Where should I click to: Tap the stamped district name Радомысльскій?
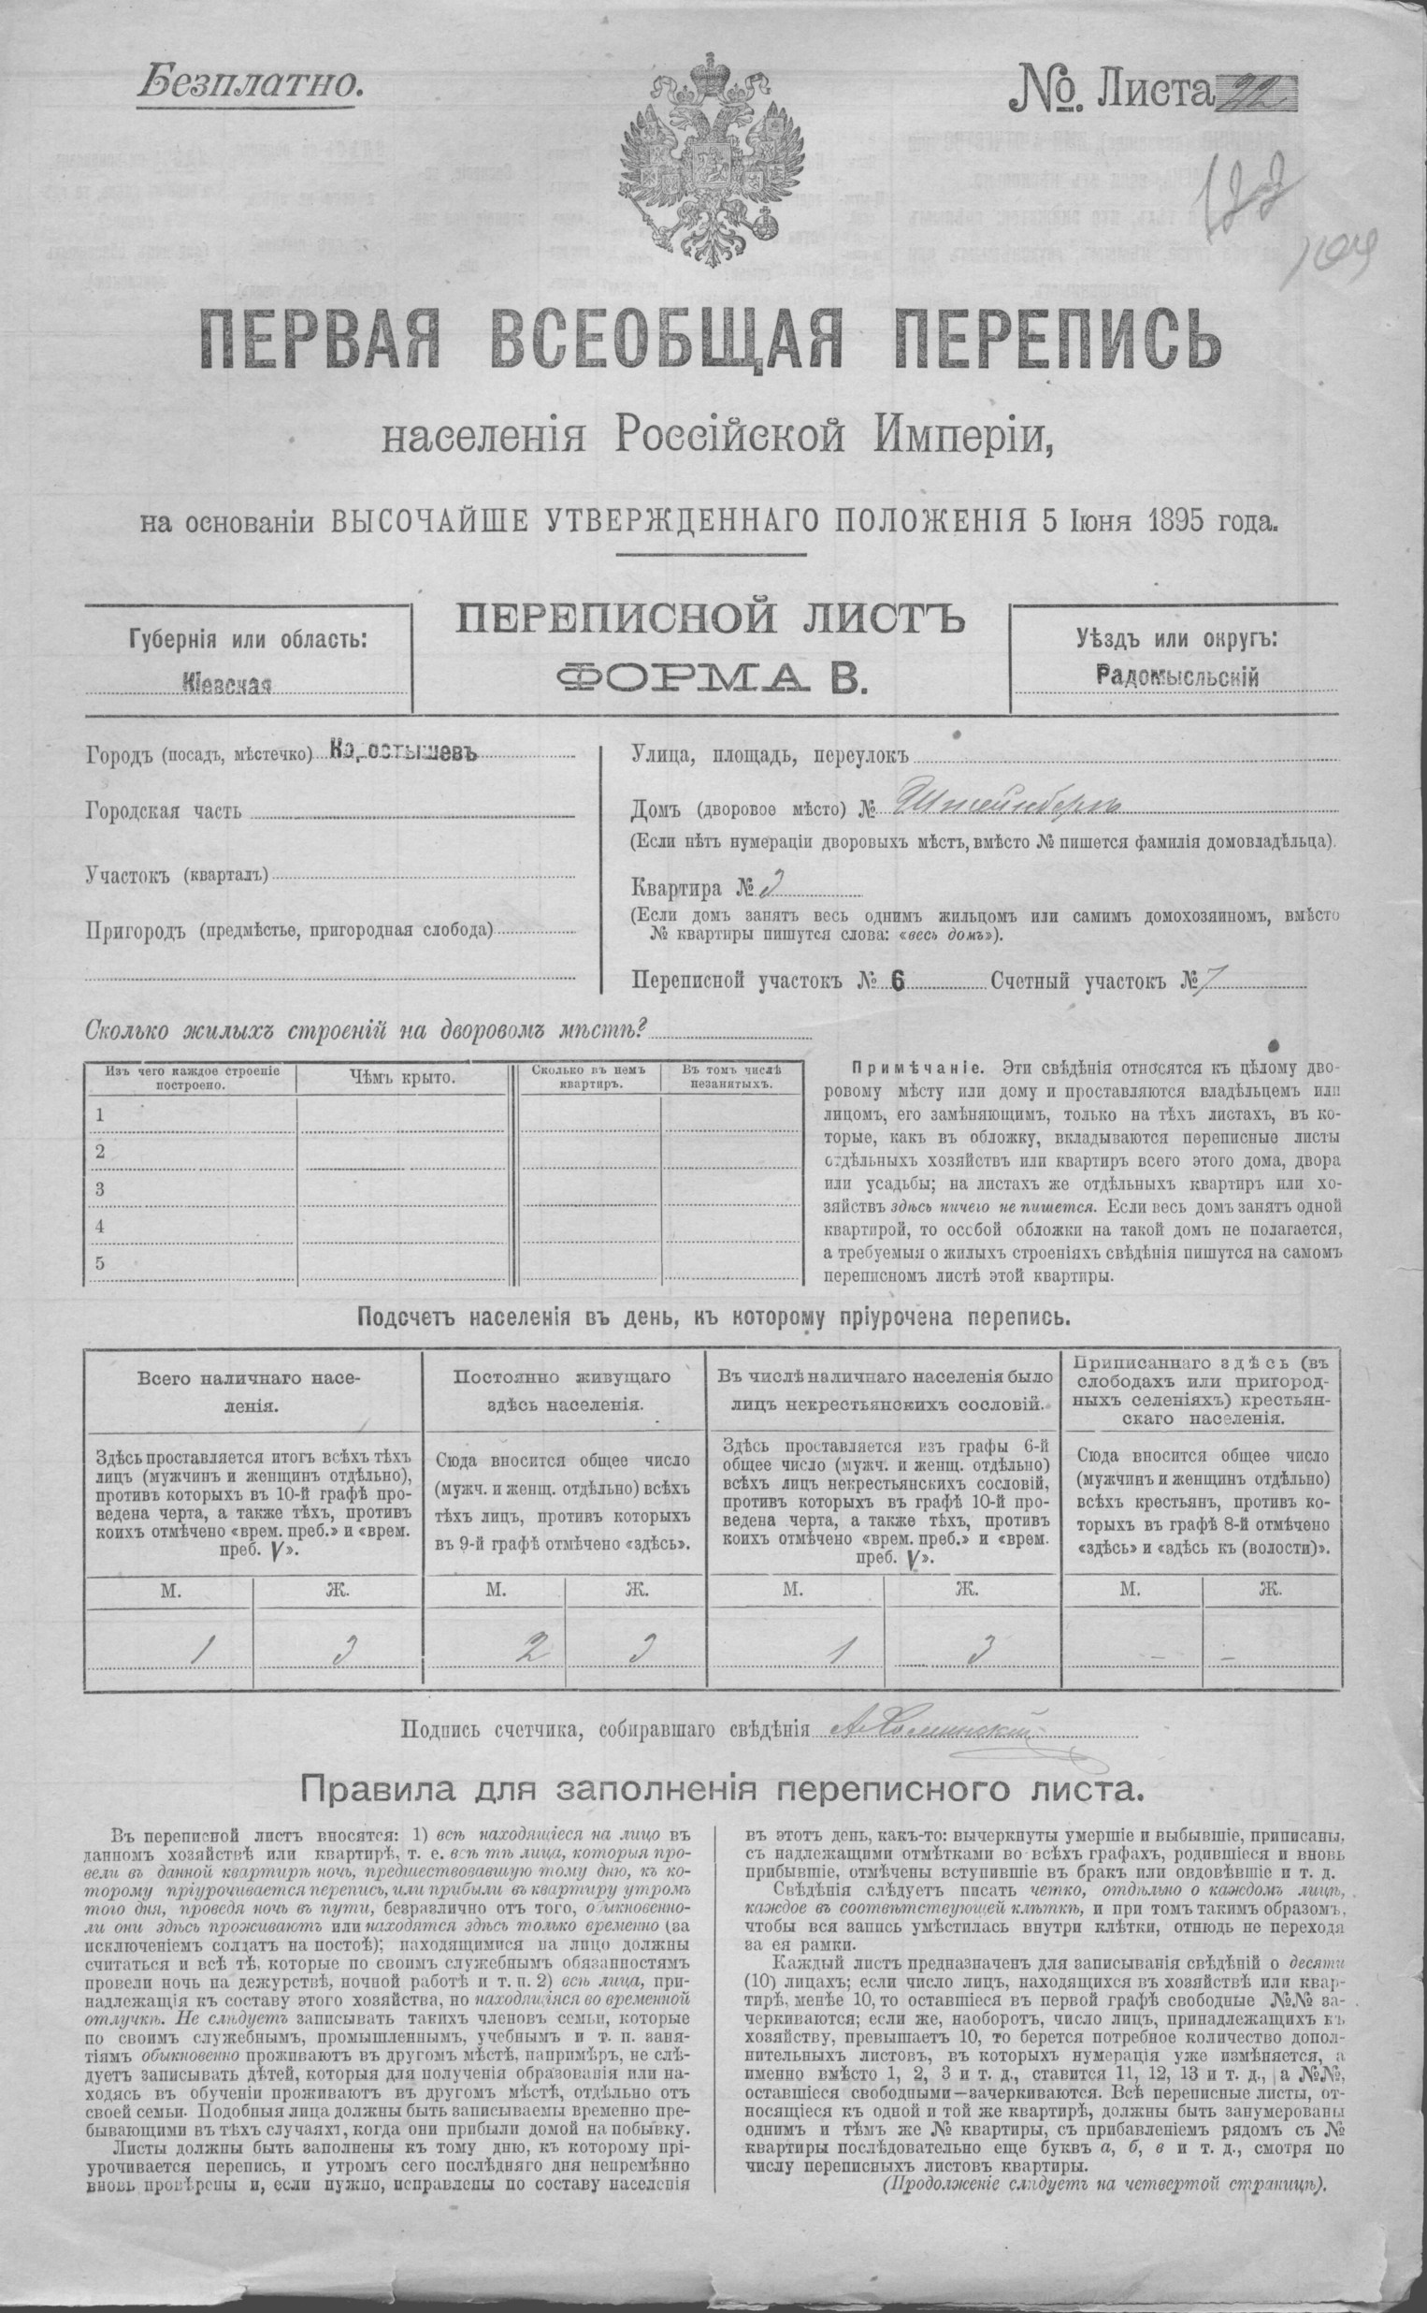click(x=1178, y=674)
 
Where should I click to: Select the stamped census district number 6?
click(x=898, y=981)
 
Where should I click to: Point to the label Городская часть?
click(x=165, y=811)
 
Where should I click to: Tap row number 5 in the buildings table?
click(x=100, y=1263)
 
